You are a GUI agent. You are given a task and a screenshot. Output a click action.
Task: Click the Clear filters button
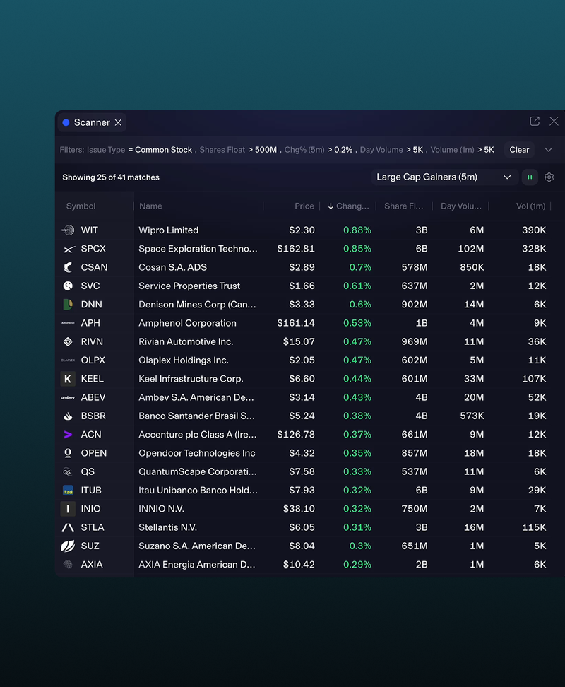(x=519, y=150)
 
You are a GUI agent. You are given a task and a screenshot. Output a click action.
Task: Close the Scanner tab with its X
(x=118, y=123)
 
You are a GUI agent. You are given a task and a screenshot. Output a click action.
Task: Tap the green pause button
(x=530, y=177)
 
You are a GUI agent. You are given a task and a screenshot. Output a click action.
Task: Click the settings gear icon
(x=549, y=177)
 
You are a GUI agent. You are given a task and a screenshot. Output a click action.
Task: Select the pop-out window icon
(x=535, y=122)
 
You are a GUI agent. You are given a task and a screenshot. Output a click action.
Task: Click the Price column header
(x=304, y=206)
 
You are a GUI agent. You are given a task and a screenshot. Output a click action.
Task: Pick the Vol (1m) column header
(x=531, y=206)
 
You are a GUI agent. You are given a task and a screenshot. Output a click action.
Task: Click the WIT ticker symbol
(x=89, y=230)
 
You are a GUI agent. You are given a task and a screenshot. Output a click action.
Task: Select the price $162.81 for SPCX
(x=296, y=249)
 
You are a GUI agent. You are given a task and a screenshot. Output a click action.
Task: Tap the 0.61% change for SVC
(x=357, y=286)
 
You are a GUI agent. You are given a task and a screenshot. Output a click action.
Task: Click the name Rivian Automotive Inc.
(x=186, y=342)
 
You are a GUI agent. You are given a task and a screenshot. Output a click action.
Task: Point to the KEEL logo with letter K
(x=68, y=379)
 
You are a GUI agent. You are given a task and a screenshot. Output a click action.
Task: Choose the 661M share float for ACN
(x=415, y=435)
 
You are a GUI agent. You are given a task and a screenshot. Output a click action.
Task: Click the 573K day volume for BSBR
(x=472, y=416)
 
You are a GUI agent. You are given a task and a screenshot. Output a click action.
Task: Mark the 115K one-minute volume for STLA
(x=534, y=527)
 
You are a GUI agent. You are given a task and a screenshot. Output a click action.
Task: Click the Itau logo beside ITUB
(x=68, y=491)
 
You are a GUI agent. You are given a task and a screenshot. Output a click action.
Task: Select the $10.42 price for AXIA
(x=299, y=565)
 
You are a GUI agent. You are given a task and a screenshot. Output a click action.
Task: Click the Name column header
(x=150, y=206)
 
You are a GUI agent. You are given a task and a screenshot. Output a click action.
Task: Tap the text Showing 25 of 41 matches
(x=111, y=177)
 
